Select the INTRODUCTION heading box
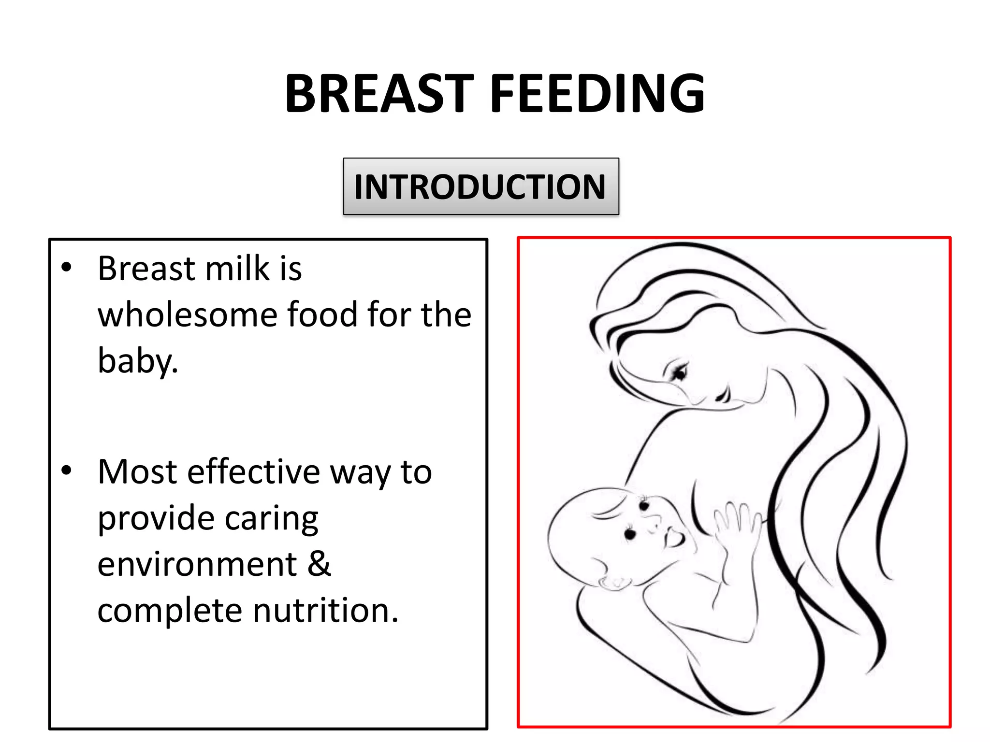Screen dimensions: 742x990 (x=480, y=186)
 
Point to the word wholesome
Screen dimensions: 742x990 (x=187, y=314)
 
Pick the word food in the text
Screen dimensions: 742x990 (x=323, y=314)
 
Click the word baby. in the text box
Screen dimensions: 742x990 (x=138, y=360)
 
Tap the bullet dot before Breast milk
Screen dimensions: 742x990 (x=67, y=267)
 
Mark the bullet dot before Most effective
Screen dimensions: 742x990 (x=67, y=470)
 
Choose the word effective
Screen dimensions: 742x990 (x=253, y=472)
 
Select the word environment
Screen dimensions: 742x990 (x=197, y=564)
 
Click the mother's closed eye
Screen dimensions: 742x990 (x=679, y=372)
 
